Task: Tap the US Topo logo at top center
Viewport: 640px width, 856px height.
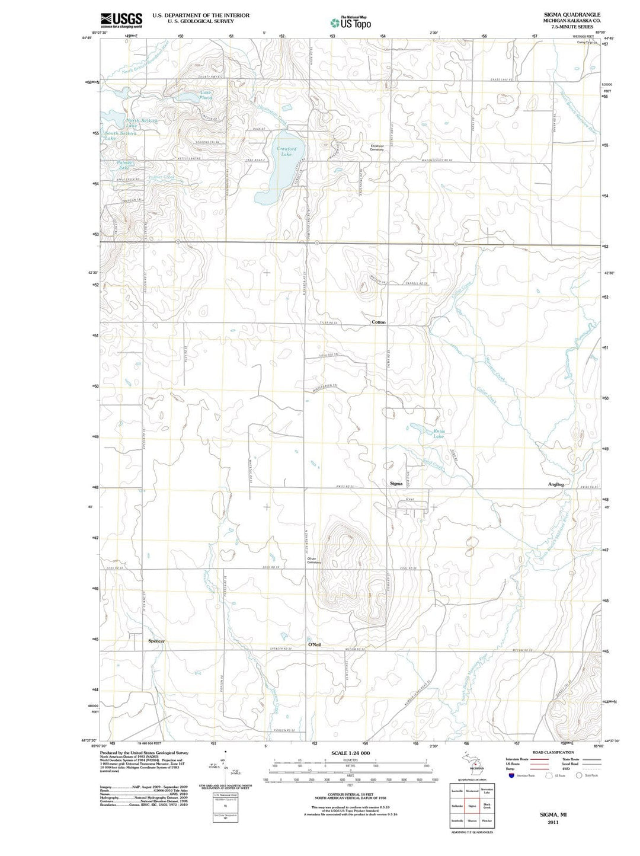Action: pos(351,23)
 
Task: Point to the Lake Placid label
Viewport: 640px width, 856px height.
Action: pos(206,95)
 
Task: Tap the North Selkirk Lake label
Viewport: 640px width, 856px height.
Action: pos(141,123)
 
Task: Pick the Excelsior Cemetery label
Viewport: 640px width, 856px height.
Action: pos(377,148)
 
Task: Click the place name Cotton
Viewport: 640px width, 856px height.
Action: pos(378,322)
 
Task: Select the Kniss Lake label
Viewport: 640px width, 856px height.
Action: pos(438,434)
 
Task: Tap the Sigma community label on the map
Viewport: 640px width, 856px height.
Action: pos(396,484)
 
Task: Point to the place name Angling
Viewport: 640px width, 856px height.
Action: pos(556,484)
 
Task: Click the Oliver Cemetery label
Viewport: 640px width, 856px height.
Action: pos(314,560)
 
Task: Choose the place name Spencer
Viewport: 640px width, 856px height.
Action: pos(156,641)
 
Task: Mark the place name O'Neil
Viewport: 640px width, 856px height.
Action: pos(314,644)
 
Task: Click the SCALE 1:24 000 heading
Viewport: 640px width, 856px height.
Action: pos(350,753)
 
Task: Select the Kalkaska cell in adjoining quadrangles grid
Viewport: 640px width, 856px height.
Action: pos(457,806)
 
